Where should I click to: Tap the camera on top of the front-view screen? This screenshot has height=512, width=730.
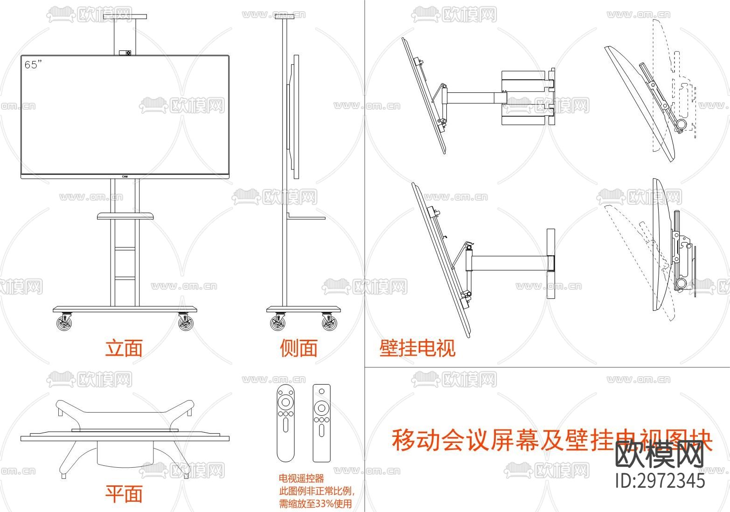click(125, 53)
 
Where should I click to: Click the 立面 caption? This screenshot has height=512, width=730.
click(124, 348)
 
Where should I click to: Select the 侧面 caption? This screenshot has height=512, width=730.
click(299, 348)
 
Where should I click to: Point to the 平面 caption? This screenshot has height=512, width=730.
click(124, 494)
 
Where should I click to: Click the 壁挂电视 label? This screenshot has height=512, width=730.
click(417, 348)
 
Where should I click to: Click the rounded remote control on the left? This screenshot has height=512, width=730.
click(286, 422)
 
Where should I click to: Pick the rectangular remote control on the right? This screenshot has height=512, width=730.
click(321, 422)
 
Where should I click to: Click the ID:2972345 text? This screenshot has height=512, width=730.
click(660, 480)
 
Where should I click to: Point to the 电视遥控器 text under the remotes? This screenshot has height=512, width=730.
click(301, 478)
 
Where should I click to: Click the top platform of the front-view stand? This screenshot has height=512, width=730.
click(125, 17)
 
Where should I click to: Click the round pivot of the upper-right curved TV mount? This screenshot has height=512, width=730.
click(681, 124)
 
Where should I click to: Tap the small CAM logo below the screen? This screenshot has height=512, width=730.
click(125, 176)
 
